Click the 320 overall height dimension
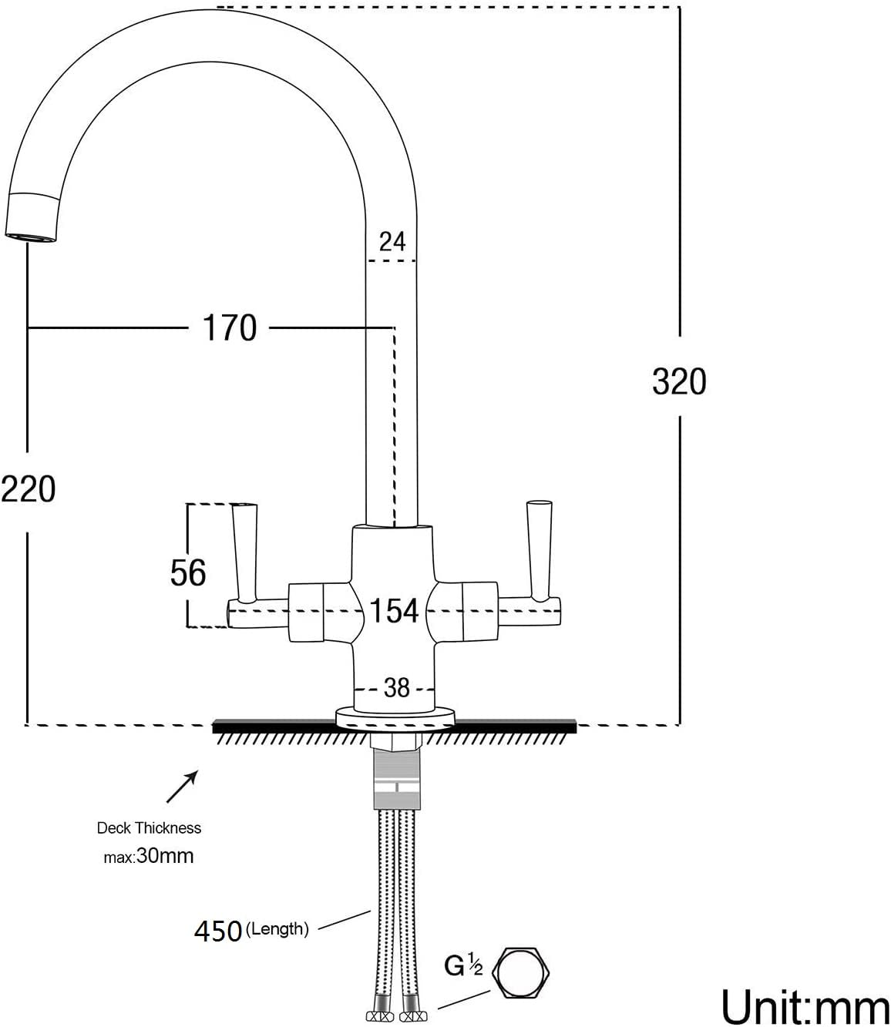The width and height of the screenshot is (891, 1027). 678,381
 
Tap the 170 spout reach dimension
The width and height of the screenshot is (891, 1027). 230,328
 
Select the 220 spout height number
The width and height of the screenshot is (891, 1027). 29,489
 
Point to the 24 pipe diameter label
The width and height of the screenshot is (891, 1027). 392,242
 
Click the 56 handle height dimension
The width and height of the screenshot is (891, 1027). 188,572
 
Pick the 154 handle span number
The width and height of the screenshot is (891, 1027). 394,611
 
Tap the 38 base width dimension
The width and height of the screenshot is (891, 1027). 396,687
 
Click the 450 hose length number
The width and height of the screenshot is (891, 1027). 218,931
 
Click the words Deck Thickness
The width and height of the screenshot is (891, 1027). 149,828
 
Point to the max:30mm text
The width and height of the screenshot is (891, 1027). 149,855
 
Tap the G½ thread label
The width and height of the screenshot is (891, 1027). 462,965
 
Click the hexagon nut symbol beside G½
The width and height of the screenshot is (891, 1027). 523,972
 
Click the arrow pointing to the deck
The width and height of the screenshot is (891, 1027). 183,788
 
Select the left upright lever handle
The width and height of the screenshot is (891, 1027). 245,550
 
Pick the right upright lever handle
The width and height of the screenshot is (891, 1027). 538,549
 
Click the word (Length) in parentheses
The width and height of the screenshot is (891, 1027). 277,929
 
